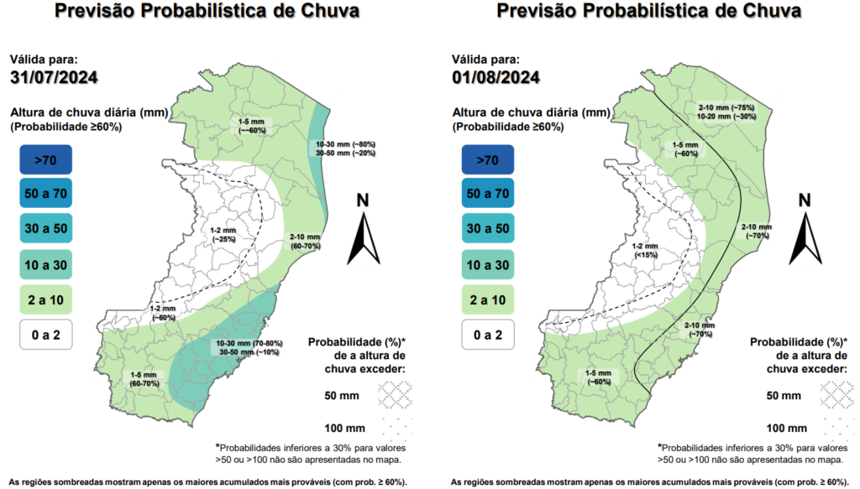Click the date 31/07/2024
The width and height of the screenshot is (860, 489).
(54, 78)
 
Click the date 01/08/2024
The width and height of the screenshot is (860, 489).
(496, 78)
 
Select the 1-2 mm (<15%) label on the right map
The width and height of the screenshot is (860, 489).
(647, 249)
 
